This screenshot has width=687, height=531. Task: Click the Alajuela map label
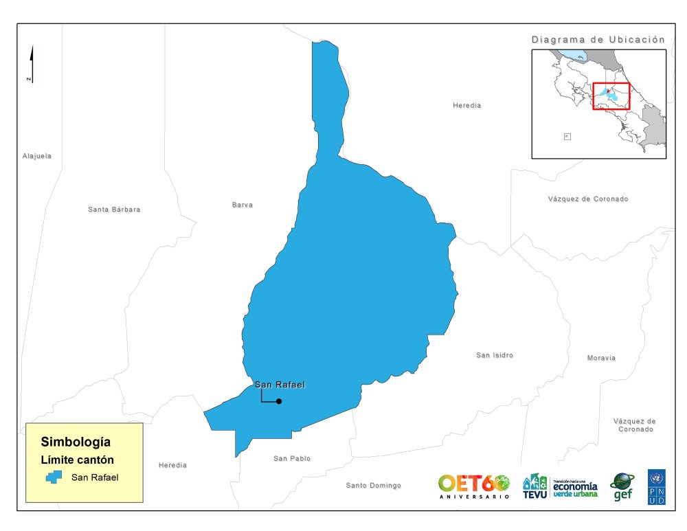tap(37, 156)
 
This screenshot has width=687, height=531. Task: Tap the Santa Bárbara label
tap(114, 209)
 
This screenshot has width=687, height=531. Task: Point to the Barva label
tap(243, 205)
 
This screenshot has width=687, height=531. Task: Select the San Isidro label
tap(495, 355)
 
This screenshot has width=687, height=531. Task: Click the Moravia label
tap(601, 358)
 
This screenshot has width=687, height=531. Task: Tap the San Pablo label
tap(292, 458)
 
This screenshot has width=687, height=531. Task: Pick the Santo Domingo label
tap(373, 486)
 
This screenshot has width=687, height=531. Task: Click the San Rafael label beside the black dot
tap(280, 385)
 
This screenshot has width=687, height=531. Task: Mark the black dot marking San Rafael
tap(279, 401)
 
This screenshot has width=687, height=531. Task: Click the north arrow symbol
tap(32, 65)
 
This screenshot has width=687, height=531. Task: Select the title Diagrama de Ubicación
tap(598, 40)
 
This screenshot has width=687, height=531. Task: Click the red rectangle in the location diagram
tap(611, 96)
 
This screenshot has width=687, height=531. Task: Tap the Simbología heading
tap(76, 442)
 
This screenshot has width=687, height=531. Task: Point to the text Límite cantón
tap(76, 460)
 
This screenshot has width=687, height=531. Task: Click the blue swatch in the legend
tap(54, 477)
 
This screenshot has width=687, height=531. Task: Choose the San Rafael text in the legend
tap(95, 477)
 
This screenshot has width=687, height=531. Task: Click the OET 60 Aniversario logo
tap(474, 485)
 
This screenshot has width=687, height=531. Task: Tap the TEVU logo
tap(535, 486)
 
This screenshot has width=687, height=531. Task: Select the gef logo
tap(622, 486)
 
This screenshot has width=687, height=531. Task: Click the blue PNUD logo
tap(656, 487)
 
